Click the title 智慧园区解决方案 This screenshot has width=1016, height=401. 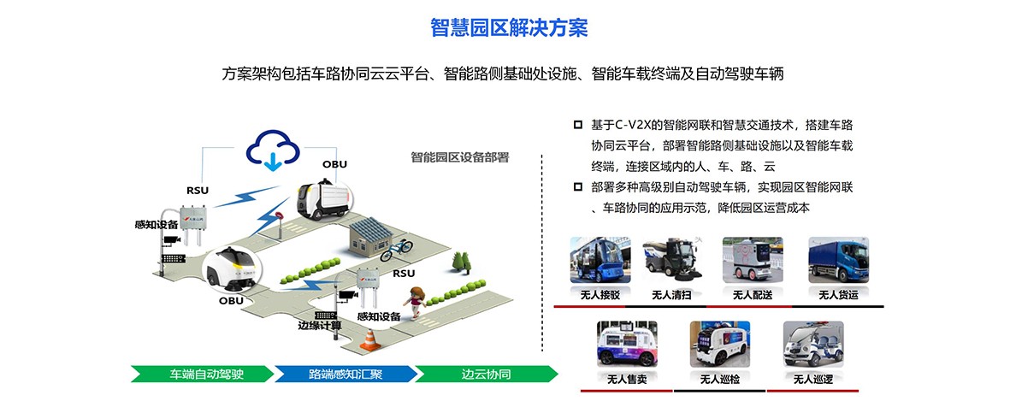click(508, 27)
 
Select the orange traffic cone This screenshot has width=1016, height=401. click(369, 339)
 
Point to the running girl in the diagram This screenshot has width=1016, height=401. click(416, 302)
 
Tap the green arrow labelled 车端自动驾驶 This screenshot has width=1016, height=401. click(202, 374)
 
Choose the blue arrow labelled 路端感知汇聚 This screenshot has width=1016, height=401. click(345, 374)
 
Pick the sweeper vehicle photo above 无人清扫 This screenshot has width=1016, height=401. click(672, 260)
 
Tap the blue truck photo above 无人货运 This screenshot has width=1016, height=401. click(838, 260)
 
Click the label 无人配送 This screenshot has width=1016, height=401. click(752, 295)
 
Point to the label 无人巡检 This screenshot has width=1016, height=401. click(719, 379)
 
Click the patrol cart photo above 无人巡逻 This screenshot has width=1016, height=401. click(813, 344)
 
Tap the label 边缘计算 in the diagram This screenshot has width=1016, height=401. click(319, 326)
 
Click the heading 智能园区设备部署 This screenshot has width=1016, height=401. click(459, 156)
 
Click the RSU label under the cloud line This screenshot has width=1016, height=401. click(198, 190)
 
